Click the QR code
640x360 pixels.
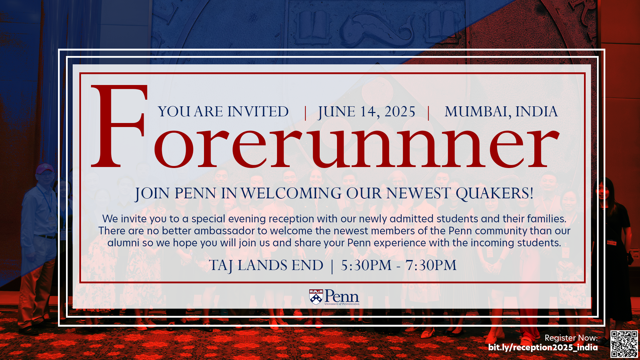tap(624, 344)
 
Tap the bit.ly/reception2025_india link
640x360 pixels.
tap(543, 348)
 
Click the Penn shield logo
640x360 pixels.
tap(316, 297)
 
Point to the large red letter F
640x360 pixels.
tap(119, 126)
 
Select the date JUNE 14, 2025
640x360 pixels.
tap(366, 112)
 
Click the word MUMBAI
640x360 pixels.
tap(477, 112)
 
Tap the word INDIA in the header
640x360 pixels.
tap(536, 111)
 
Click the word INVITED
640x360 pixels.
tap(258, 111)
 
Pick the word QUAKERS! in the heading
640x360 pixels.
tap(495, 193)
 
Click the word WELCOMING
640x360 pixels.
tap(291, 193)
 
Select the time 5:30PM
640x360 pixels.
tap(366, 265)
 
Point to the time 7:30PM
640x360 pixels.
tap(431, 265)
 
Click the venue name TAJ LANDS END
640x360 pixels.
tap(266, 266)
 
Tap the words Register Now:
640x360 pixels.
tap(571, 338)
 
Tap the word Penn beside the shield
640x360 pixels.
tap(342, 296)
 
